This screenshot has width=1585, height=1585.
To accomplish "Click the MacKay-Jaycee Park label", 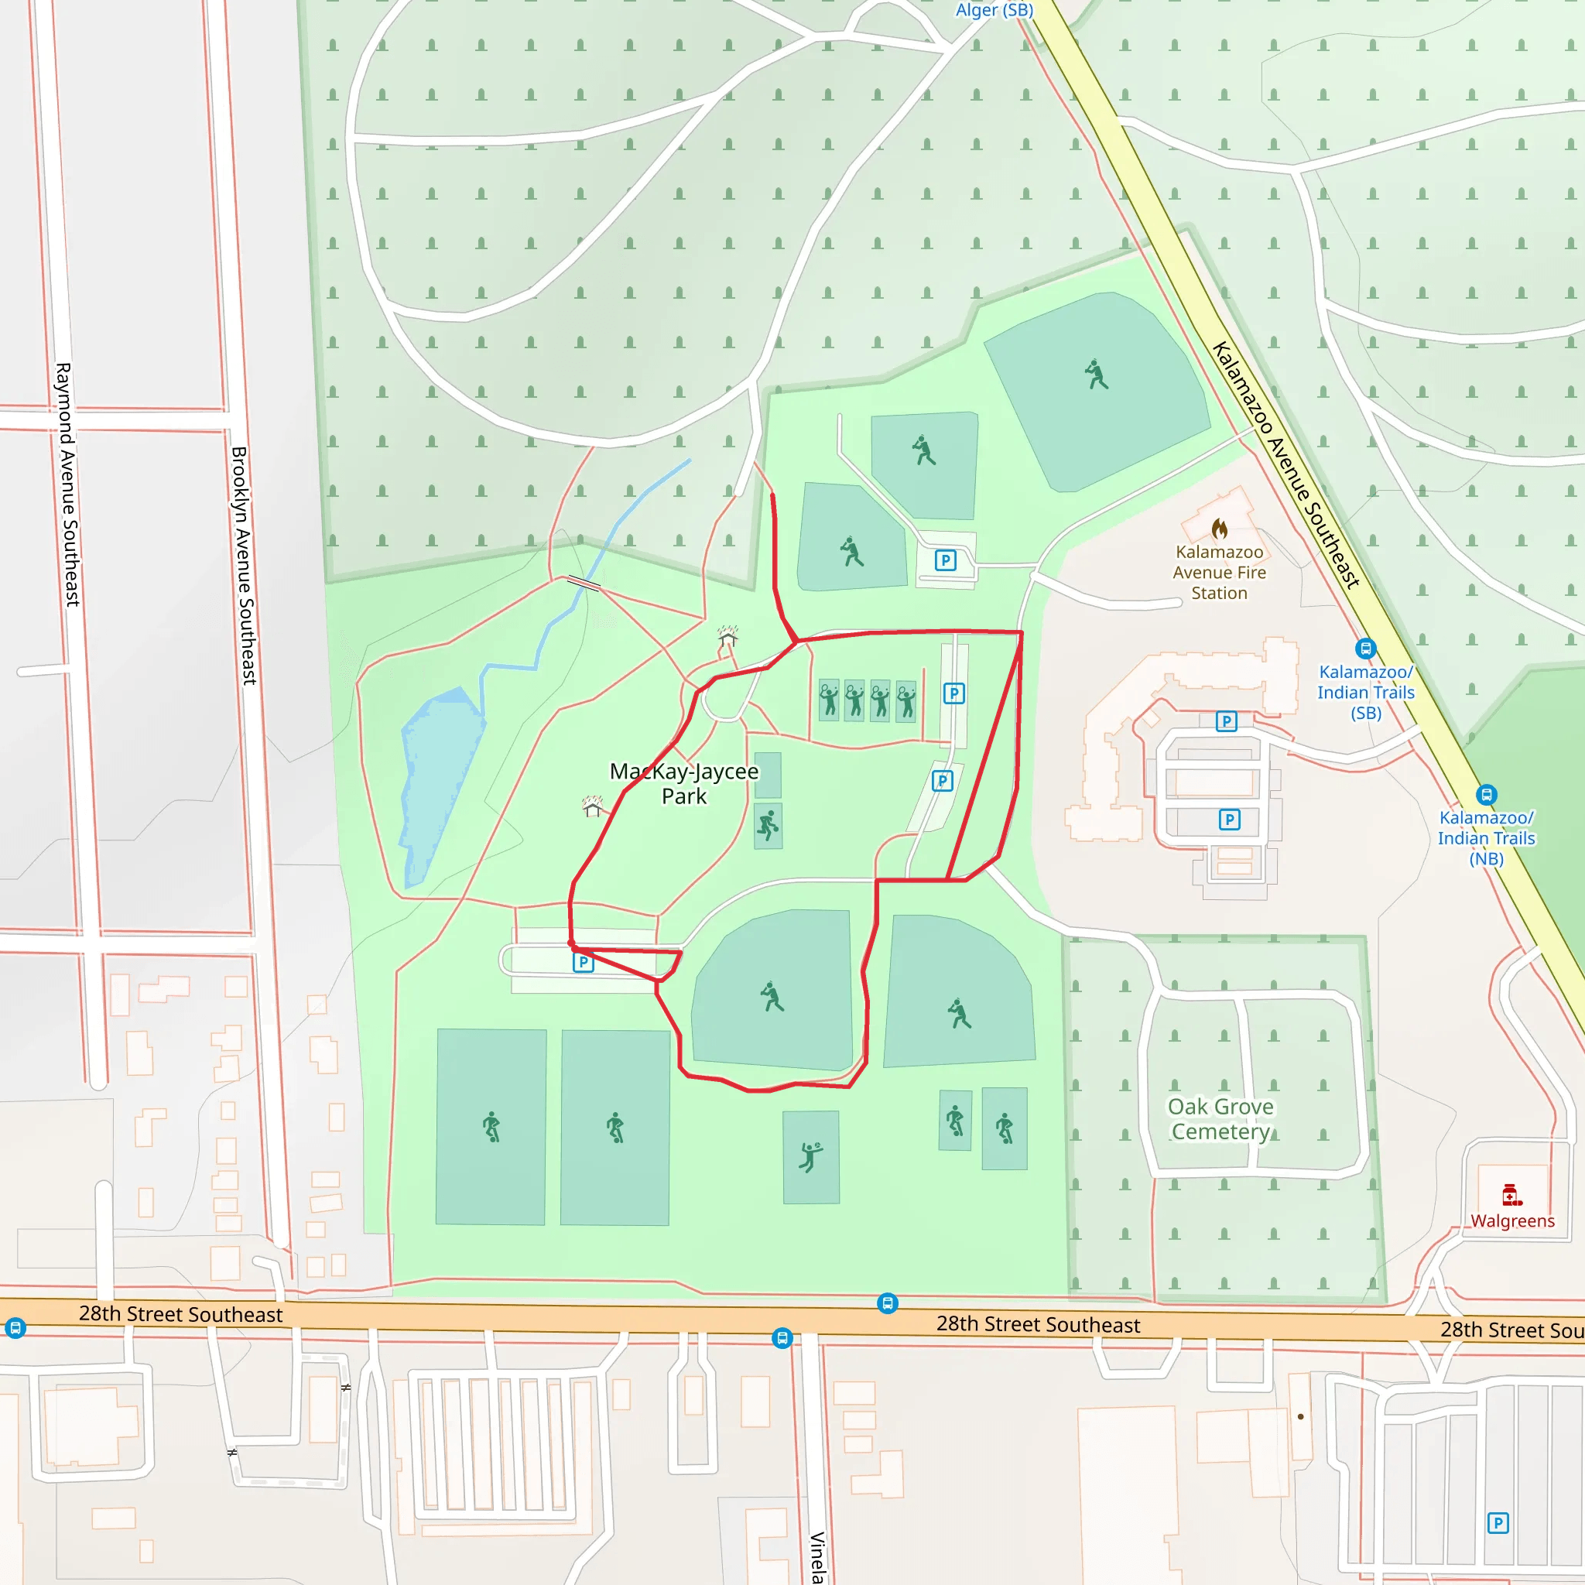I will [683, 783].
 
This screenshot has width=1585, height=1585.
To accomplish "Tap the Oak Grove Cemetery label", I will [1220, 1119].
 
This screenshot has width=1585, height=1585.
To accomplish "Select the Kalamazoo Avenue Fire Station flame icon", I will [1220, 528].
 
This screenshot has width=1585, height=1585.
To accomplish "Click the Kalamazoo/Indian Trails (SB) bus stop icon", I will [1365, 649].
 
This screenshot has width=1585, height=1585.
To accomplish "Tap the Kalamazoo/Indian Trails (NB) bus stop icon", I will [1487, 795].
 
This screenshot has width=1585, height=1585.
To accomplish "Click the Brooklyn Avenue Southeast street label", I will [244, 565].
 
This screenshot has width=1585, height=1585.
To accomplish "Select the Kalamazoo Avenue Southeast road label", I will [1285, 464].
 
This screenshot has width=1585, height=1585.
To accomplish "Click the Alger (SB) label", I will [994, 10].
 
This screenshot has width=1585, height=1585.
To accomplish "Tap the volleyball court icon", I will [810, 1157].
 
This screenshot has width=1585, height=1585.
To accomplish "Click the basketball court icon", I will [768, 825].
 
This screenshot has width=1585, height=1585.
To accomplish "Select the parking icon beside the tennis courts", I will [953, 694].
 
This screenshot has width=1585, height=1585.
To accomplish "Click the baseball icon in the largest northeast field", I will [1096, 374].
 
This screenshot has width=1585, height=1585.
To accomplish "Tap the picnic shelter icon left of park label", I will [592, 806].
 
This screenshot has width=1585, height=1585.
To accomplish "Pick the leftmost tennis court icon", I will [830, 700].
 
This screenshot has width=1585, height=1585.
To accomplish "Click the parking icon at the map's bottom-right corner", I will [1498, 1523].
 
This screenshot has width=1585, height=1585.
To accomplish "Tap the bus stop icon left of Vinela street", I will [782, 1339].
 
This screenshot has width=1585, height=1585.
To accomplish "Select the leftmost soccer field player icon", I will [491, 1126].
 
